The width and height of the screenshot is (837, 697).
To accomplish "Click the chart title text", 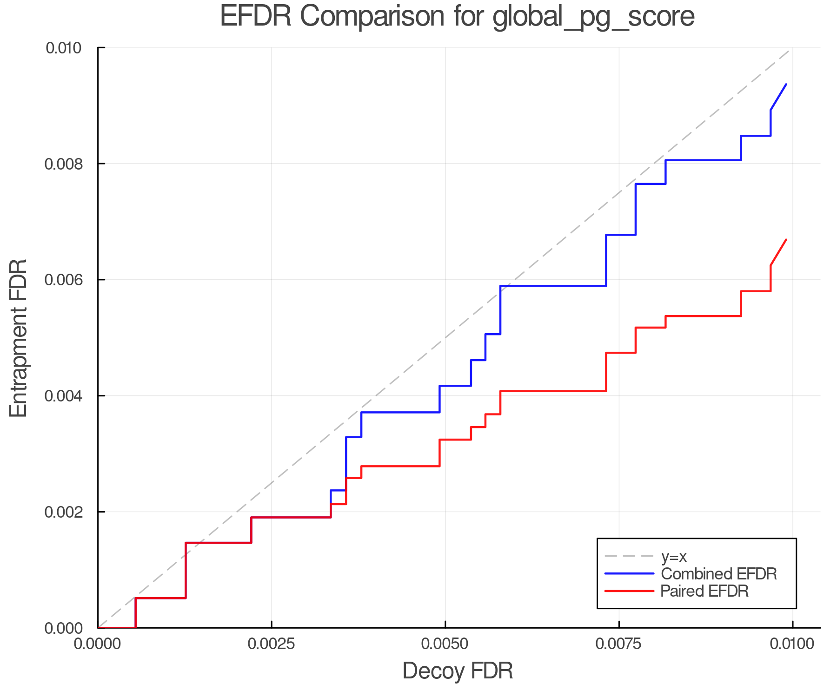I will click(457, 17).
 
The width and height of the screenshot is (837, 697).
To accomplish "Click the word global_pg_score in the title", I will click(593, 17).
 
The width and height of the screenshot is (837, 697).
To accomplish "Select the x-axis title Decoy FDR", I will click(458, 671).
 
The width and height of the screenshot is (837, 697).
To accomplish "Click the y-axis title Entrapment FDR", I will click(19, 338).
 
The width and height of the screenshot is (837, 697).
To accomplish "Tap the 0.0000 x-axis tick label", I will click(98, 644).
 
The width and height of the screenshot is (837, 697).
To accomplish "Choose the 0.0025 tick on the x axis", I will click(272, 644).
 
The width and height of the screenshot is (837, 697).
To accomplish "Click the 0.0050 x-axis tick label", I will click(445, 644).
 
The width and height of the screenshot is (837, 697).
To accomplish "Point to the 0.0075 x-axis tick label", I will click(619, 644).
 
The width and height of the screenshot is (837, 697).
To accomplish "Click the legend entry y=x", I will click(674, 556).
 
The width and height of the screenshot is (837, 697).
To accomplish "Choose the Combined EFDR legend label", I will click(718, 574).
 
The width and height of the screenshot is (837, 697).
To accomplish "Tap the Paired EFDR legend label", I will click(704, 591).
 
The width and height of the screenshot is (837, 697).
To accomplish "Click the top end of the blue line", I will click(786, 84).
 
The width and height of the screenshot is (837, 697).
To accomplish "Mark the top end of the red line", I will click(786, 240).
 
